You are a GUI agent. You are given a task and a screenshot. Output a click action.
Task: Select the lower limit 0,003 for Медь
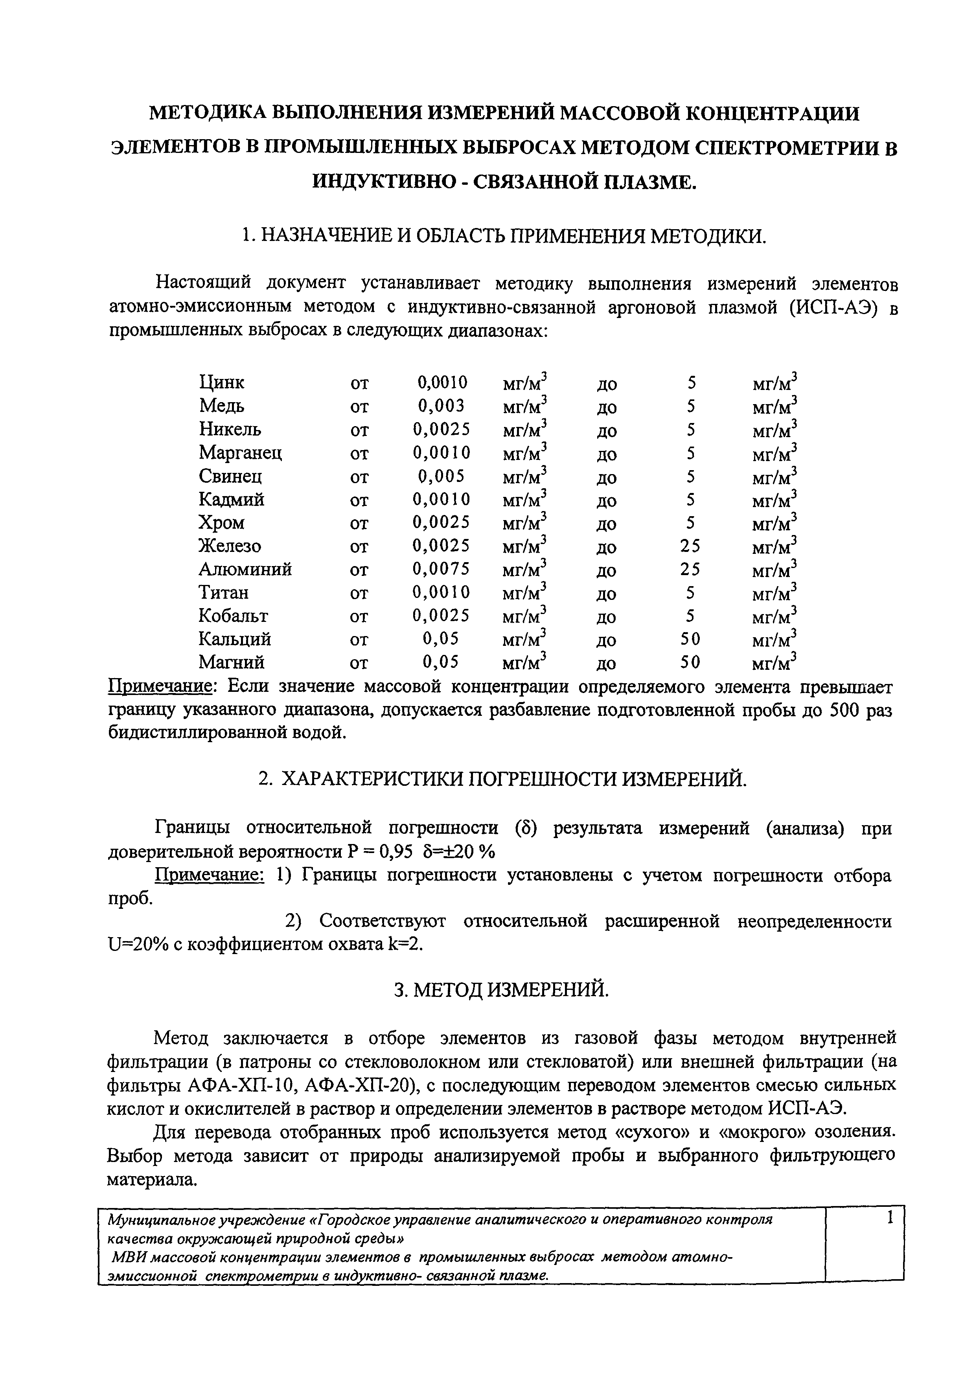pyautogui.click(x=442, y=406)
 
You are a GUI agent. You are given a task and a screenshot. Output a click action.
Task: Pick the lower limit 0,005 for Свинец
pyautogui.click(x=442, y=476)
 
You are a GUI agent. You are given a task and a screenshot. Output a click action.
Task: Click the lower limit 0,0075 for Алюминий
pyautogui.click(x=442, y=569)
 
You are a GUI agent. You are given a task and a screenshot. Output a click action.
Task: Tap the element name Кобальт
pyautogui.click(x=233, y=616)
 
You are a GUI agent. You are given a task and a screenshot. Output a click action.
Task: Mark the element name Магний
pyautogui.click(x=231, y=662)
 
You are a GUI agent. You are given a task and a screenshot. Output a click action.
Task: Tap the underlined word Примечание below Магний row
pyautogui.click(x=162, y=686)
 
